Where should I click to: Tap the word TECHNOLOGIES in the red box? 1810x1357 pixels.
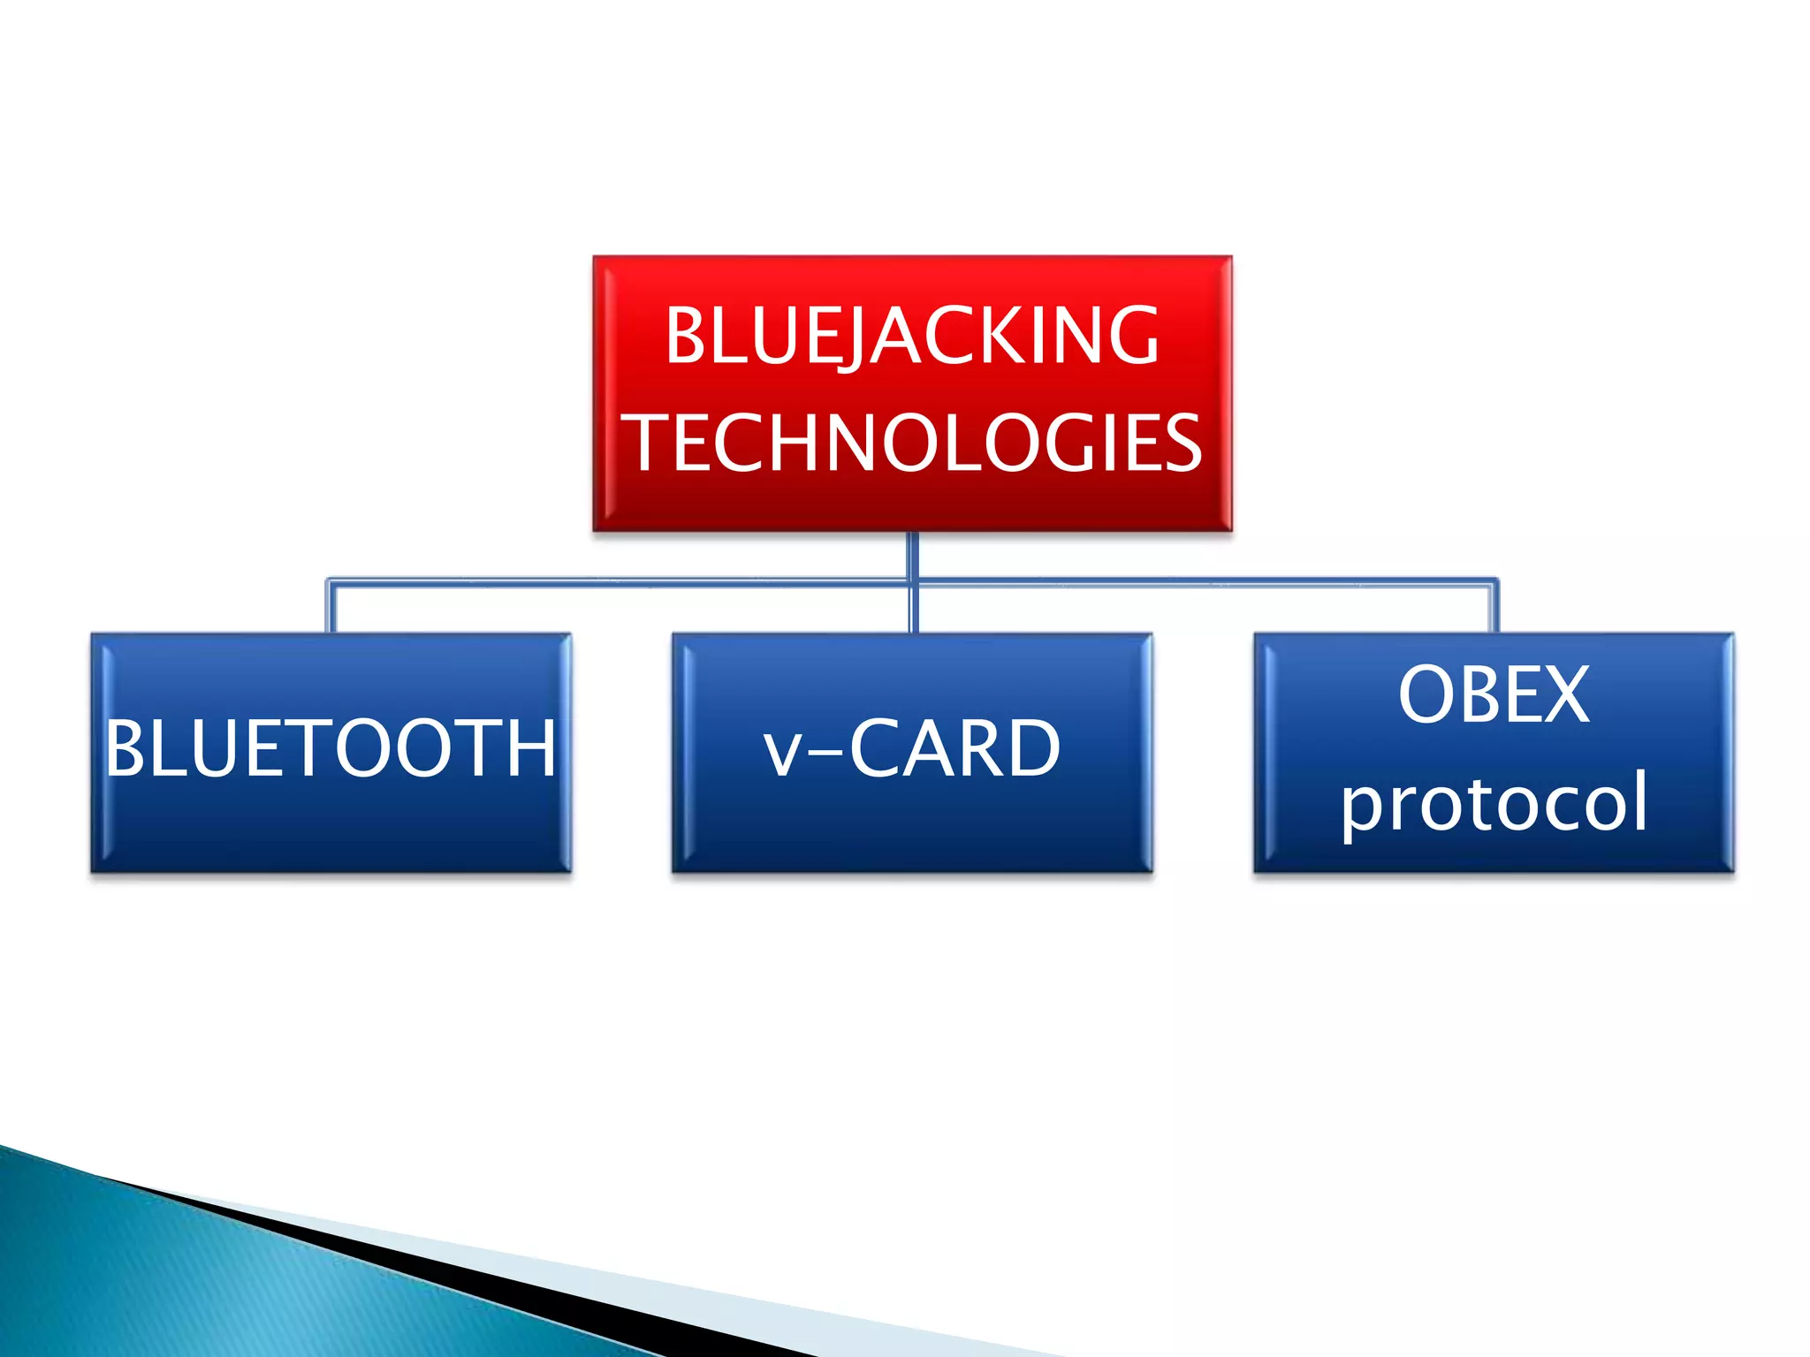coord(914,443)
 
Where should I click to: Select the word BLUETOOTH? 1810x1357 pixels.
coord(331,749)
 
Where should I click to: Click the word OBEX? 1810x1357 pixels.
coord(1494,696)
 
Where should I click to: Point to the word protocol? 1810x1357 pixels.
coord(1494,802)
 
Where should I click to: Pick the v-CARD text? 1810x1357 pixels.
coord(912,749)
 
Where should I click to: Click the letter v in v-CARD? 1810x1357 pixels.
coord(782,755)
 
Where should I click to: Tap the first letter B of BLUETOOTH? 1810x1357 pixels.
coord(125,749)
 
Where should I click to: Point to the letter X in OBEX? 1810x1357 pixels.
coord(1565,696)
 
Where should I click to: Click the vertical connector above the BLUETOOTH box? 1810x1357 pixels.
coord(331,608)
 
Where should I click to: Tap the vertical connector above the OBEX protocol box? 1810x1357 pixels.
coord(1494,608)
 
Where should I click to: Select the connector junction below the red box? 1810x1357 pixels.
coord(913,581)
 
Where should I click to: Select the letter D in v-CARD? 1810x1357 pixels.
coord(1033,749)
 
